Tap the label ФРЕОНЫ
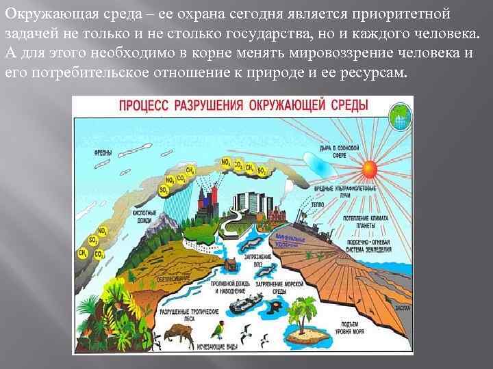(103, 153)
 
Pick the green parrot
(218, 331)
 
